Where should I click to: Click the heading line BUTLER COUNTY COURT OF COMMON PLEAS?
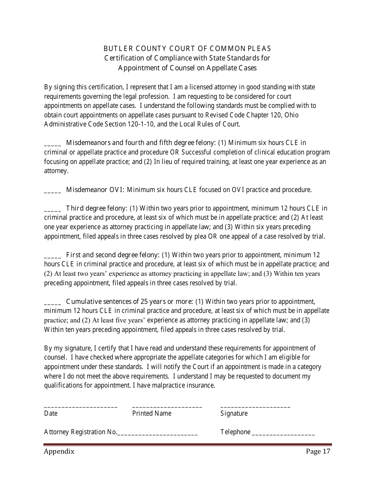click(x=187, y=49)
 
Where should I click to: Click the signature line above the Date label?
click(x=81, y=407)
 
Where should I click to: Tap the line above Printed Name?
click(x=167, y=407)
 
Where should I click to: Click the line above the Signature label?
click(x=255, y=407)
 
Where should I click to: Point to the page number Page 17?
click(x=318, y=452)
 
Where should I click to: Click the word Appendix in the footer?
click(x=59, y=452)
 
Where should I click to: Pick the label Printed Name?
click(x=152, y=413)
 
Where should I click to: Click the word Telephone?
click(x=235, y=432)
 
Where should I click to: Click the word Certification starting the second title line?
click(x=123, y=58)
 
